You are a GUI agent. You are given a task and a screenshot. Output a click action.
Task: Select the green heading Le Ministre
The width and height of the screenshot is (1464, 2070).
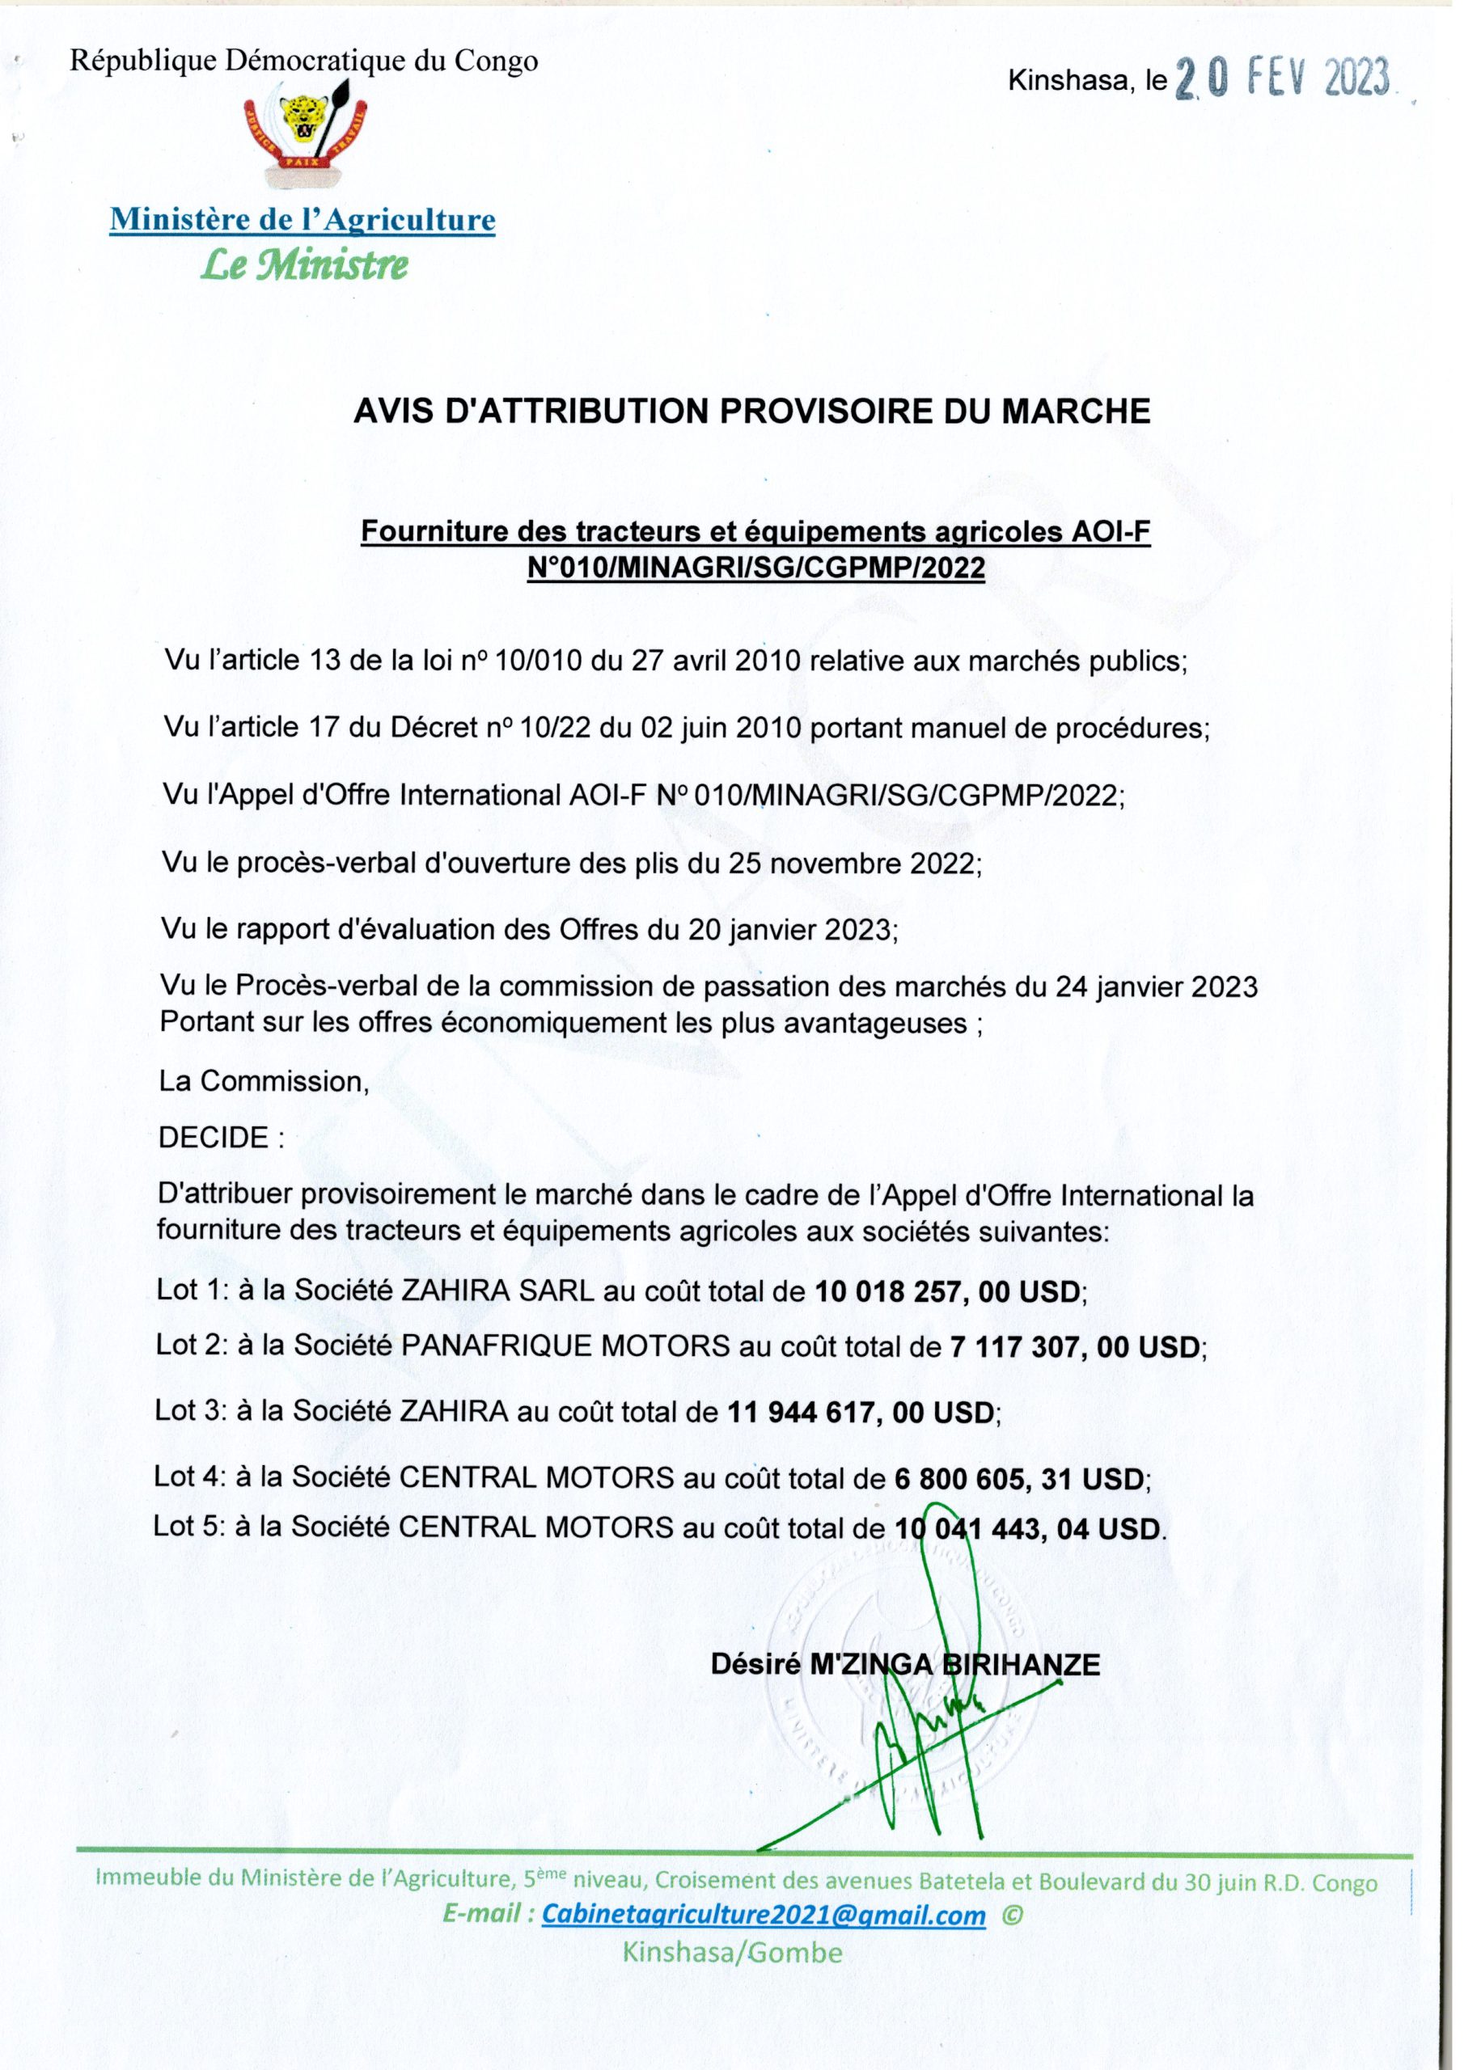coord(304,265)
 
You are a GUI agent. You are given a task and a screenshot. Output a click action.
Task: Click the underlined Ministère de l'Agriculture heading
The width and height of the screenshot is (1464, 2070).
coord(303,219)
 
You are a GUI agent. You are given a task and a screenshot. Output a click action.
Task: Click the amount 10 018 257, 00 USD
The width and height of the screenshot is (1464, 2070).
coord(950,1292)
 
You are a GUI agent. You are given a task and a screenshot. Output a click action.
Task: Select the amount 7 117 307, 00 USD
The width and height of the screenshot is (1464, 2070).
coord(1078,1347)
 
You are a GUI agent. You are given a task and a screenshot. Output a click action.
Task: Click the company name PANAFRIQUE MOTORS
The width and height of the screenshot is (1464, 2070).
coord(565,1347)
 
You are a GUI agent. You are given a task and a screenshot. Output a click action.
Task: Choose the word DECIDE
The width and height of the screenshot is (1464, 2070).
coord(214,1138)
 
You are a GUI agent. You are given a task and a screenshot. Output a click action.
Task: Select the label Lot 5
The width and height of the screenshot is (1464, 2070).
coord(188,1527)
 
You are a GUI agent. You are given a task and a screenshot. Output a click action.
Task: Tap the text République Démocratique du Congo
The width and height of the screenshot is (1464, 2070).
coord(304,61)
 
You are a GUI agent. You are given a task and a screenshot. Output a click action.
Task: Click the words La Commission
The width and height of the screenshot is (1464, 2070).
coord(264,1081)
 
